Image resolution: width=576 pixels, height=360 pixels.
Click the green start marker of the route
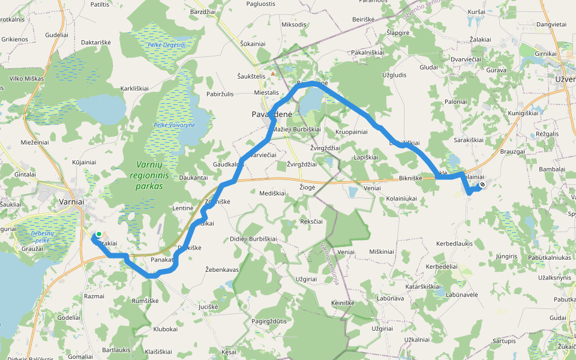pos(98,235)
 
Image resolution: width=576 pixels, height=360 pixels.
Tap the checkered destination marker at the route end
pos(482,185)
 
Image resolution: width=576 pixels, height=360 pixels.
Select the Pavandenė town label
pos(271,114)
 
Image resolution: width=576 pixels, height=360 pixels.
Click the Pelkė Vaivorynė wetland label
pos(175,125)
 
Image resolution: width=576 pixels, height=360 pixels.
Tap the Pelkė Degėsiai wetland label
pos(166,45)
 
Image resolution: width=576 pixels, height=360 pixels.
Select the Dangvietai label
pos(551,25)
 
